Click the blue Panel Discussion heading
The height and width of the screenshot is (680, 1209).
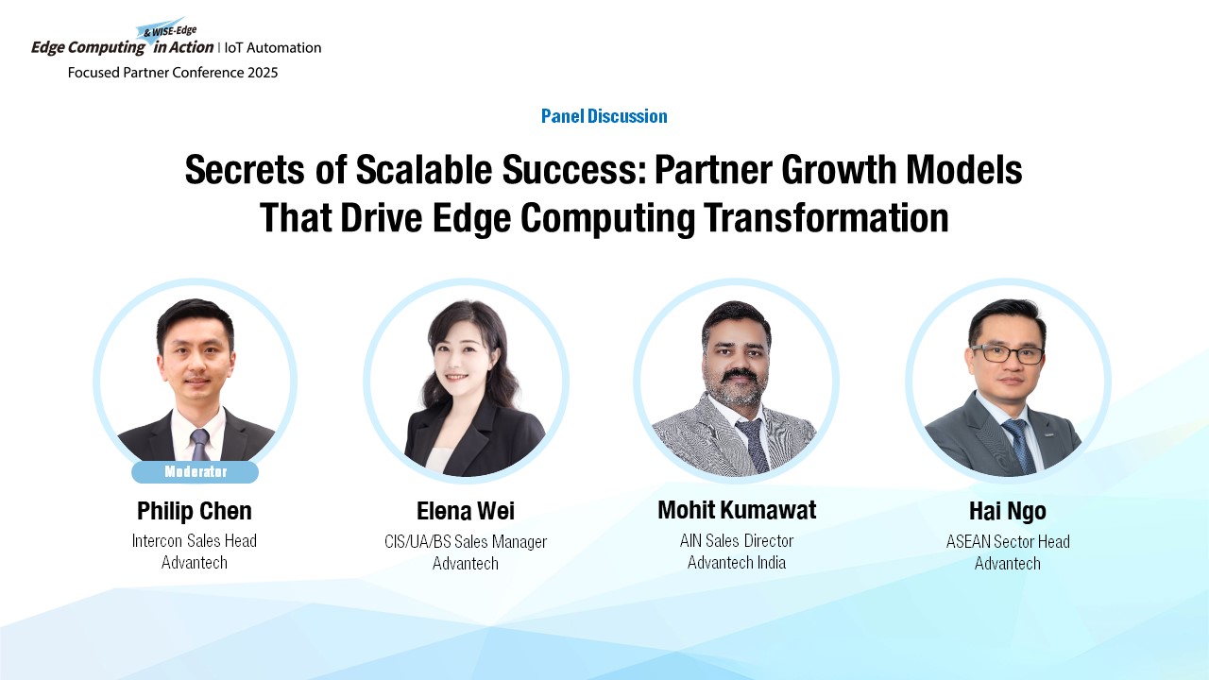click(604, 116)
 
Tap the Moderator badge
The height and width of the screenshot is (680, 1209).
click(195, 471)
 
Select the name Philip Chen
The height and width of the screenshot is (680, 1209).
click(195, 511)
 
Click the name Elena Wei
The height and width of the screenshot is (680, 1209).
click(466, 511)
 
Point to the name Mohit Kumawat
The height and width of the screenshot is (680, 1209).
click(737, 509)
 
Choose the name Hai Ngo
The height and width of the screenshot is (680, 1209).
click(1008, 511)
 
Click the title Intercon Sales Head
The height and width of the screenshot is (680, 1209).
click(195, 541)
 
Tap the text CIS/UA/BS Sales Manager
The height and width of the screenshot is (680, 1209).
click(466, 541)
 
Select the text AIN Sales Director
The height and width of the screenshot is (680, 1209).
click(737, 541)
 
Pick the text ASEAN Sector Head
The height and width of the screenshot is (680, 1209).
click(1008, 541)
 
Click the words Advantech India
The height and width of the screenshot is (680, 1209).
click(737, 563)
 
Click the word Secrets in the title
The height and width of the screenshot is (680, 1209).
click(245, 169)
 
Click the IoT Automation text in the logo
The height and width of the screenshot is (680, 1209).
click(273, 48)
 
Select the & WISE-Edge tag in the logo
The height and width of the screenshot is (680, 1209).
click(169, 31)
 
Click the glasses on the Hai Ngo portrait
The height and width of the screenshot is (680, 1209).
click(1007, 354)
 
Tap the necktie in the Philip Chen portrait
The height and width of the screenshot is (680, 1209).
click(199, 444)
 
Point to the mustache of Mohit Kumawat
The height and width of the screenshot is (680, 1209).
click(739, 375)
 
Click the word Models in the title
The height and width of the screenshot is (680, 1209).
click(964, 169)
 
